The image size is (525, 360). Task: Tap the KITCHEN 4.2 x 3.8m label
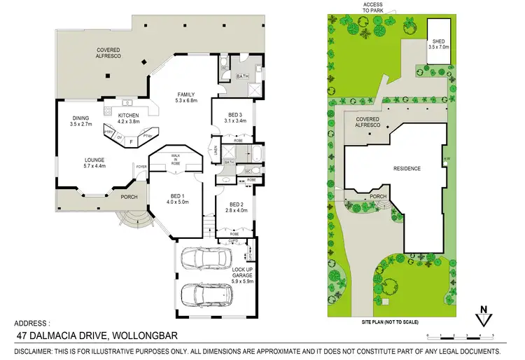click(129, 118)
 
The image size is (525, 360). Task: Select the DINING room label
click(81, 120)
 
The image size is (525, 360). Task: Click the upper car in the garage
click(204, 260)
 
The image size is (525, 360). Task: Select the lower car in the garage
click(206, 294)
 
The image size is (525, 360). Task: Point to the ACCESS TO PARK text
click(372, 7)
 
